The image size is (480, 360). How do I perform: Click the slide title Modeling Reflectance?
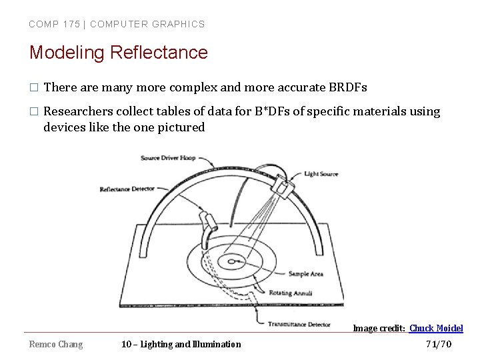click(118, 52)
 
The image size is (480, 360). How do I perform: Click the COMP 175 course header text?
click(117, 24)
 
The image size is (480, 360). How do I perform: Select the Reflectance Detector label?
click(127, 189)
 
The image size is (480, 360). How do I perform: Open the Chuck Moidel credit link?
click(436, 328)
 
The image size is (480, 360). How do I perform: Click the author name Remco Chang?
click(56, 344)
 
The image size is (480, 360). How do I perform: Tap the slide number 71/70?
click(438, 344)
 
